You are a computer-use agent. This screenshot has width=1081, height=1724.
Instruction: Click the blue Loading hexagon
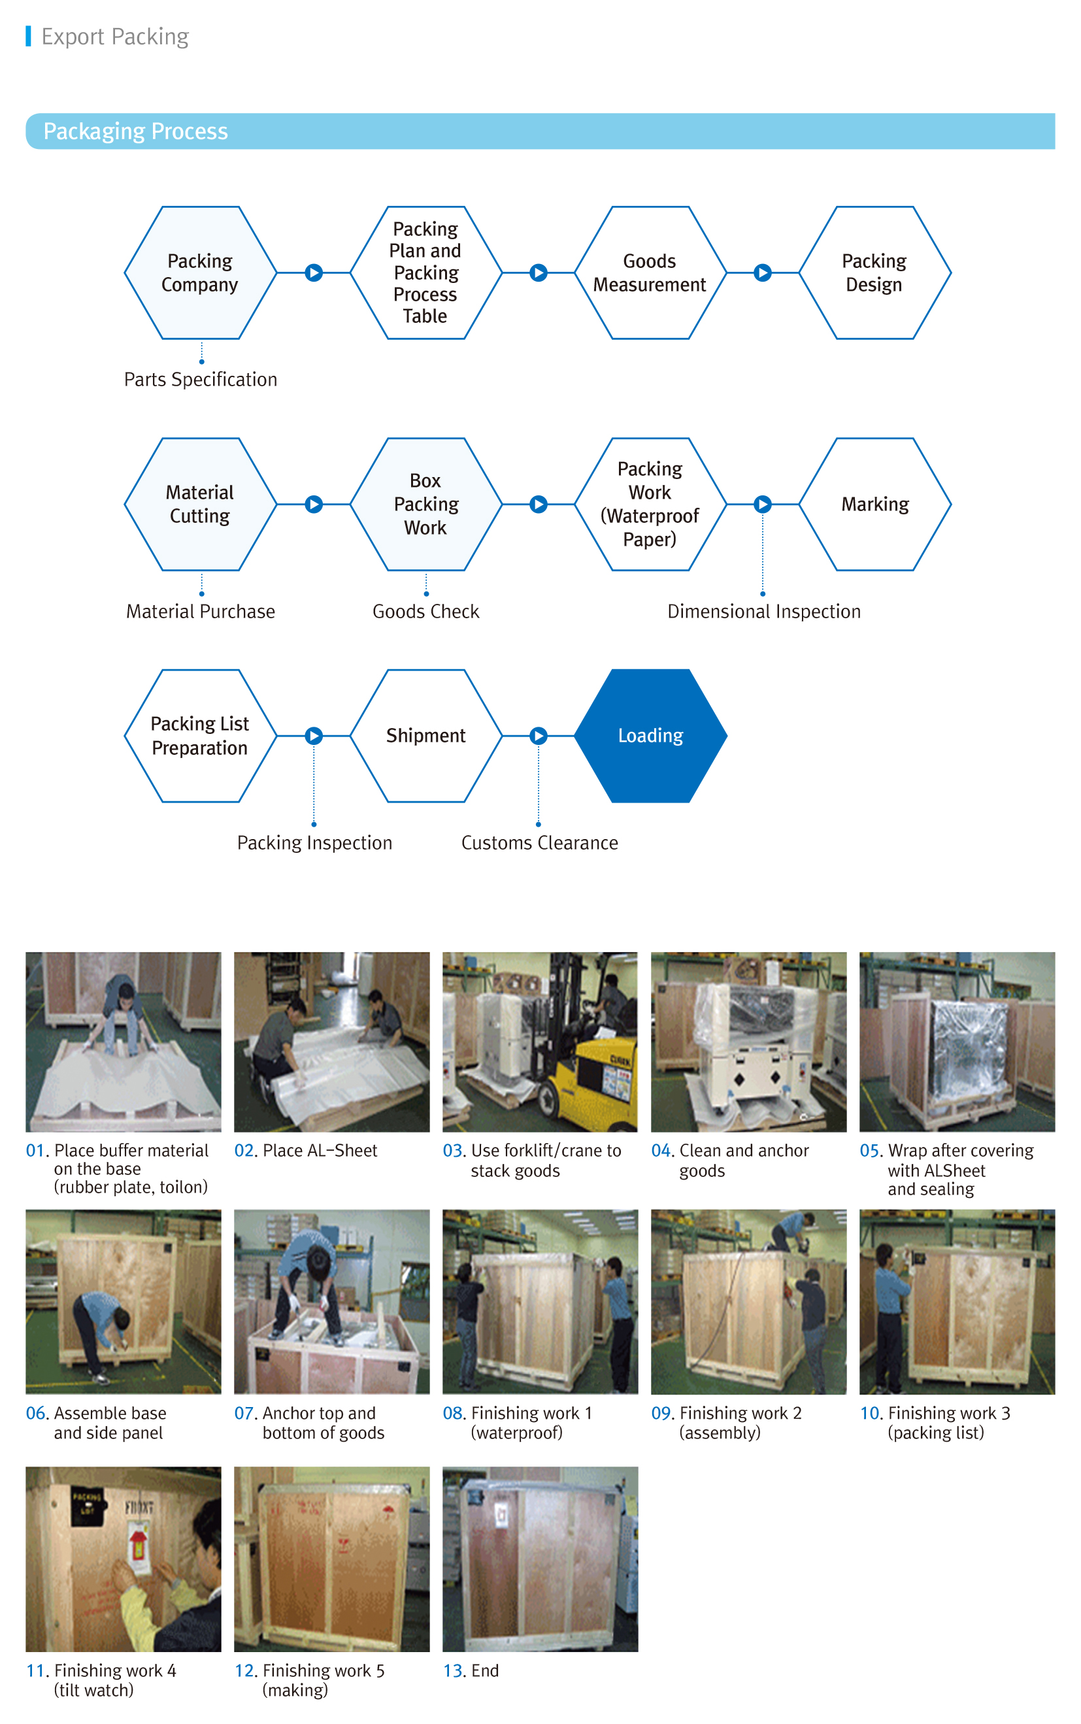[650, 735]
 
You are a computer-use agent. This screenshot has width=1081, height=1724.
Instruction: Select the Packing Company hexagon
[200, 273]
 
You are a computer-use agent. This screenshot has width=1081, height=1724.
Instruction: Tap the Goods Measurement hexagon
[650, 273]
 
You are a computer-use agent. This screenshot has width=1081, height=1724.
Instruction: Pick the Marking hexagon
[874, 504]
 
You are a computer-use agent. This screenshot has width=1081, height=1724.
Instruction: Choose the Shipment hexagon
[425, 735]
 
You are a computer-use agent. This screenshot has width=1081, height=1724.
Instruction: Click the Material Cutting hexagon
[200, 504]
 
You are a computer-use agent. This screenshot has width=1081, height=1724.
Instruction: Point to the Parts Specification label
[200, 380]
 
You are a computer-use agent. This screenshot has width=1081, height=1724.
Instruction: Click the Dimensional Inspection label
[763, 612]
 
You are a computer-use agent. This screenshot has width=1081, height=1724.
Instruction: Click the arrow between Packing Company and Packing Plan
[314, 273]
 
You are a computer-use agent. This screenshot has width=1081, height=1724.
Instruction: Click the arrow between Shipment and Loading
[539, 735]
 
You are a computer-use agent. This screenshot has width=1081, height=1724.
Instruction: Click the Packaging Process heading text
[136, 131]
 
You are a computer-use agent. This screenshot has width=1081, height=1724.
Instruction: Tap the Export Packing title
[115, 37]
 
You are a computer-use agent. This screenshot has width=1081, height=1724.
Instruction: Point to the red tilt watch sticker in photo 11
[137, 1543]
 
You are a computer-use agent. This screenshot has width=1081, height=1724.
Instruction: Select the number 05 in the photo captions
[870, 1151]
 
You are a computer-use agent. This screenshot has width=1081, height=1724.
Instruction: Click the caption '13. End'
[471, 1670]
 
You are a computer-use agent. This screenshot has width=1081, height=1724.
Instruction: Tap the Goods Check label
[425, 612]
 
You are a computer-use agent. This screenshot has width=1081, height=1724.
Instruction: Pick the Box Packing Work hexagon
[425, 504]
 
